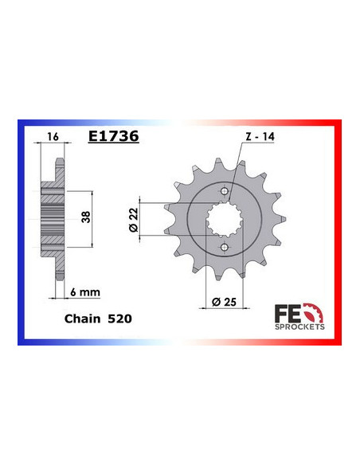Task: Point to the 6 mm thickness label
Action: pyautogui.click(x=86, y=291)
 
